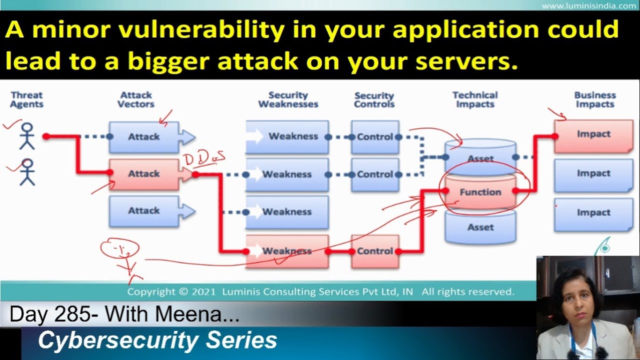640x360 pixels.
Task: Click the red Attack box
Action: coord(144,174)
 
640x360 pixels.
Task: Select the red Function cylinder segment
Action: coord(480,192)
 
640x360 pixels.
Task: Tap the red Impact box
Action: coord(593,134)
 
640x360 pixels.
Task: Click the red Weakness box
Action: coord(287,251)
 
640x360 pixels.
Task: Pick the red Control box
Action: coord(374,251)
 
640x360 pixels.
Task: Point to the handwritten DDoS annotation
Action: coord(204,159)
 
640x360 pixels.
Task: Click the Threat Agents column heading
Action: coord(26,99)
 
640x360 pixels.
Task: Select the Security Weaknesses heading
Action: coord(288,99)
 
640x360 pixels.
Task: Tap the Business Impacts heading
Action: coord(594,99)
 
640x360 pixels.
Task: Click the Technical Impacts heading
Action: coord(475,99)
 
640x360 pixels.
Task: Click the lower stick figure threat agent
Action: coord(26,172)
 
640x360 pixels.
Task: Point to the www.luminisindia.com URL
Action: coord(588,6)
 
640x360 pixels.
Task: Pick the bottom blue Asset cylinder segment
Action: coord(480,227)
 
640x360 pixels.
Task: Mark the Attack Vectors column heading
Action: coord(136,99)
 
